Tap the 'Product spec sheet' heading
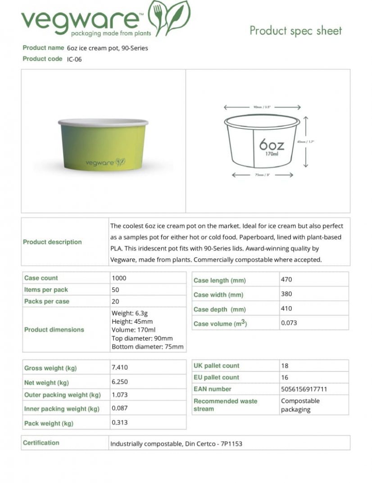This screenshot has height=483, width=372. (x=295, y=31)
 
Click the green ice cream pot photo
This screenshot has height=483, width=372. (x=103, y=144)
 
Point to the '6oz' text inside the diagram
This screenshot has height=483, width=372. (x=272, y=145)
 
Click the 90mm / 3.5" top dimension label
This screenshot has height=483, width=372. (x=262, y=108)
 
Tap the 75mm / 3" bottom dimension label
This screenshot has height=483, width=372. (x=262, y=174)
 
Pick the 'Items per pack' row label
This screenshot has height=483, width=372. (x=46, y=290)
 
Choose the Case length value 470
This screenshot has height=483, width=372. (x=286, y=280)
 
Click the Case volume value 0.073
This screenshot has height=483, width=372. (x=289, y=323)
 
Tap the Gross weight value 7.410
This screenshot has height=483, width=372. (x=119, y=367)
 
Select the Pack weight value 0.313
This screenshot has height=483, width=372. (x=119, y=423)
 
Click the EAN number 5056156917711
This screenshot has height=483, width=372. (x=304, y=389)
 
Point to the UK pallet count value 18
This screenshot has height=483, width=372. (x=284, y=366)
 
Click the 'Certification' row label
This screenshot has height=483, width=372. (x=41, y=443)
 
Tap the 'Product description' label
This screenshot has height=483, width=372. (x=52, y=242)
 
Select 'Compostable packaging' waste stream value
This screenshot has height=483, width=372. (x=300, y=405)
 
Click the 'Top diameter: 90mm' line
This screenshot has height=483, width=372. (x=142, y=338)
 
